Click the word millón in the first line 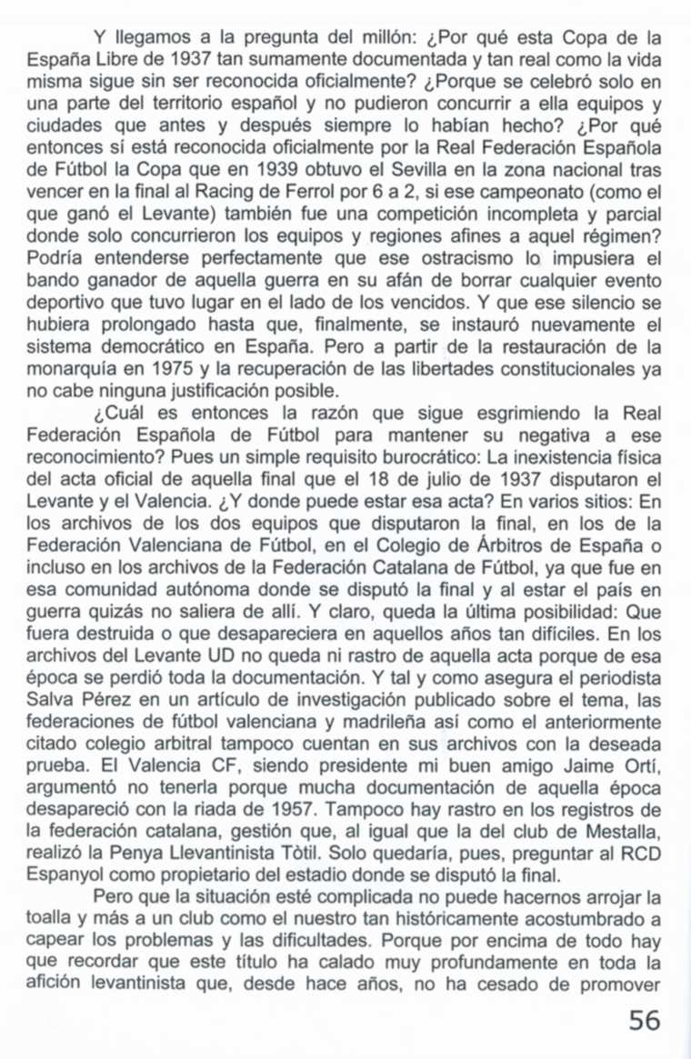tap(382, 38)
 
